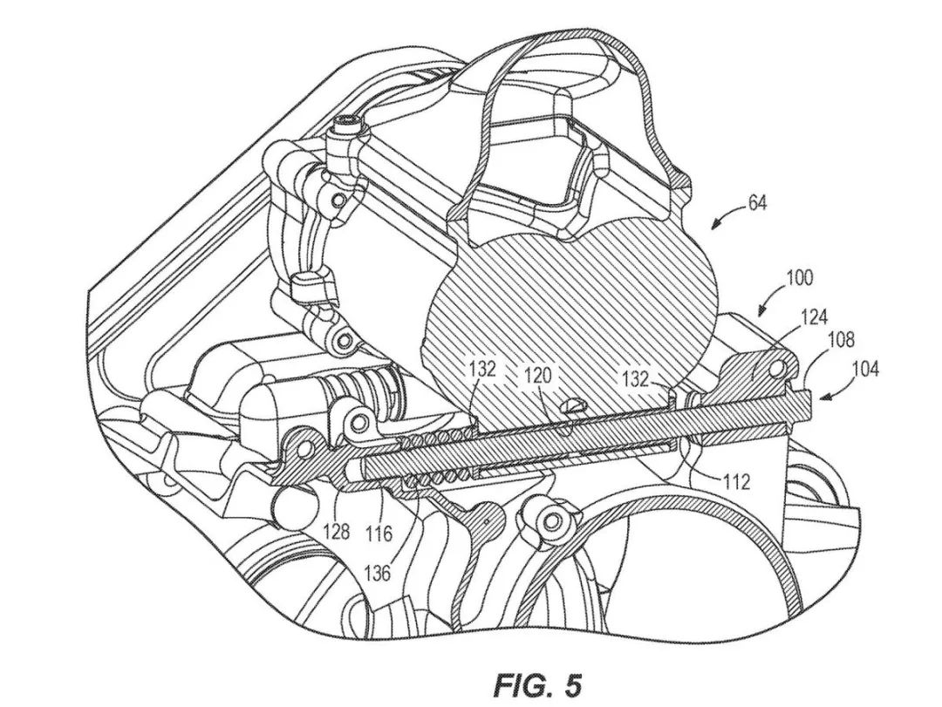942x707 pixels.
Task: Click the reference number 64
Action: pos(757,203)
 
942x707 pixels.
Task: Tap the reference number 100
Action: pos(799,277)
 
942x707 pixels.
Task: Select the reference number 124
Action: pos(813,316)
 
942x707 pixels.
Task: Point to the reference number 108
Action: pos(840,339)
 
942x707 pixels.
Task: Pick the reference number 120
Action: pos(537,377)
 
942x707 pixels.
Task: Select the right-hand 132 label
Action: pos(635,379)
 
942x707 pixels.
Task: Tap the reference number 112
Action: pos(736,481)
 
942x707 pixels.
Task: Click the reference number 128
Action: pos(337,531)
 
